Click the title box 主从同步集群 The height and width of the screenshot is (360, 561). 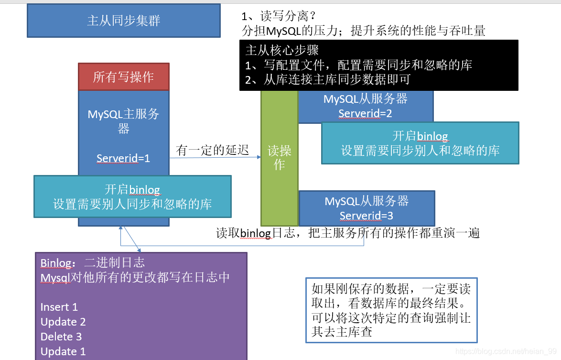124,21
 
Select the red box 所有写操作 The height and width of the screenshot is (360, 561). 123,77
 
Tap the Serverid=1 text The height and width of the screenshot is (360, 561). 123,158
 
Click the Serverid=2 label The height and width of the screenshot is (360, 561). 365,114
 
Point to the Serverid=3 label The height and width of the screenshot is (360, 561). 367,216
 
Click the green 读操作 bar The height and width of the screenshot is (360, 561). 280,158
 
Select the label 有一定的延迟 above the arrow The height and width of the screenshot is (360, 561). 213,150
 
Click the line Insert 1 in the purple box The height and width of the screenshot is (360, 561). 59,307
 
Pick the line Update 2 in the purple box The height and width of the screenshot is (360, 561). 63,322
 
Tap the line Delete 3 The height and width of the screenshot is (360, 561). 61,337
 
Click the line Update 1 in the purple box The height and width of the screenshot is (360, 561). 63,351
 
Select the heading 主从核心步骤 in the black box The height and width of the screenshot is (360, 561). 282,50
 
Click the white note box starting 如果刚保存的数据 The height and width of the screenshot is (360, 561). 391,310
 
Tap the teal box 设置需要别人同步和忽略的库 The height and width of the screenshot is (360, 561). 132,197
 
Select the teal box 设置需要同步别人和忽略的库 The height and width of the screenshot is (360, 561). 420,143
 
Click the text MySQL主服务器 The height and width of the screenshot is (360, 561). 123,121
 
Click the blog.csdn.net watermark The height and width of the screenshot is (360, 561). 507,351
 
